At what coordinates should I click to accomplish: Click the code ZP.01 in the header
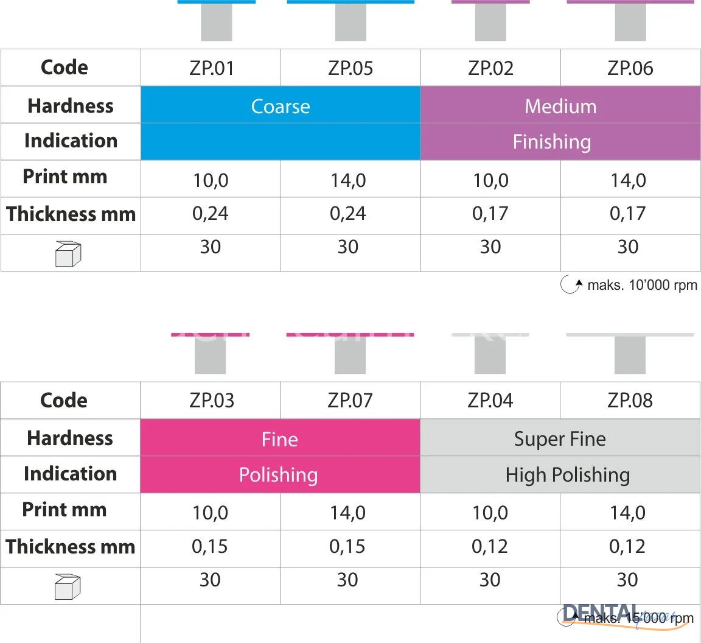211,68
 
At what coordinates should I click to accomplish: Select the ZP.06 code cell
630,68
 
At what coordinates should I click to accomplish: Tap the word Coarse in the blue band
281,107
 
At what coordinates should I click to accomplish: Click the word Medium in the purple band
560,107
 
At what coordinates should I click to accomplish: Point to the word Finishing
552,142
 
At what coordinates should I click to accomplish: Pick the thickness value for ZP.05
348,214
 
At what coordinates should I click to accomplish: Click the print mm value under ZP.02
490,181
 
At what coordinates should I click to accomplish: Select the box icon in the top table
68,254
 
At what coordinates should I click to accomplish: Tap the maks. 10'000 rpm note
630,285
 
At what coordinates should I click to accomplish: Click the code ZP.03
211,401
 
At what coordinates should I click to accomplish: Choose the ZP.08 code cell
630,401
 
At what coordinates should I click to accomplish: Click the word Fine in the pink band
280,439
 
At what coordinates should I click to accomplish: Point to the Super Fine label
560,439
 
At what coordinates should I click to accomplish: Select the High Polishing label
567,475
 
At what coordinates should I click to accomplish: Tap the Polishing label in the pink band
279,475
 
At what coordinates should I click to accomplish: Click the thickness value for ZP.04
490,547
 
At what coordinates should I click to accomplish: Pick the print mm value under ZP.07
348,513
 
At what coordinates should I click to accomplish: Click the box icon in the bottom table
68,587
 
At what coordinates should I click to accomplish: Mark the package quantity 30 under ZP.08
627,580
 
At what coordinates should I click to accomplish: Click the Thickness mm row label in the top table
71,214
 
